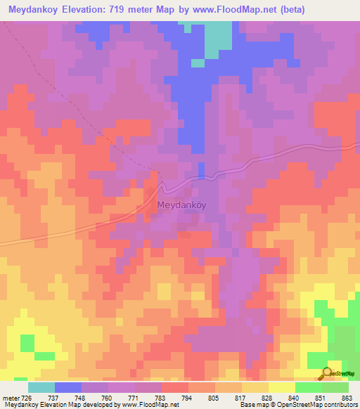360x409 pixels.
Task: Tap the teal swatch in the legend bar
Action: pos(41,387)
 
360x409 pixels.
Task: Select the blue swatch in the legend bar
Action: pos(67,387)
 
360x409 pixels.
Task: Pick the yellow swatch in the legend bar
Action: pos(281,387)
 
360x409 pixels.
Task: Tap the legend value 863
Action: pos(347,398)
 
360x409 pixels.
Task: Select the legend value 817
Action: pos(240,398)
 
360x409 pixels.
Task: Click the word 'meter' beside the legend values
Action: pos(10,398)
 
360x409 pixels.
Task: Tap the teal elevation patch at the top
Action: pos(217,39)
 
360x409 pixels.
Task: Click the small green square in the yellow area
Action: pos(27,343)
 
